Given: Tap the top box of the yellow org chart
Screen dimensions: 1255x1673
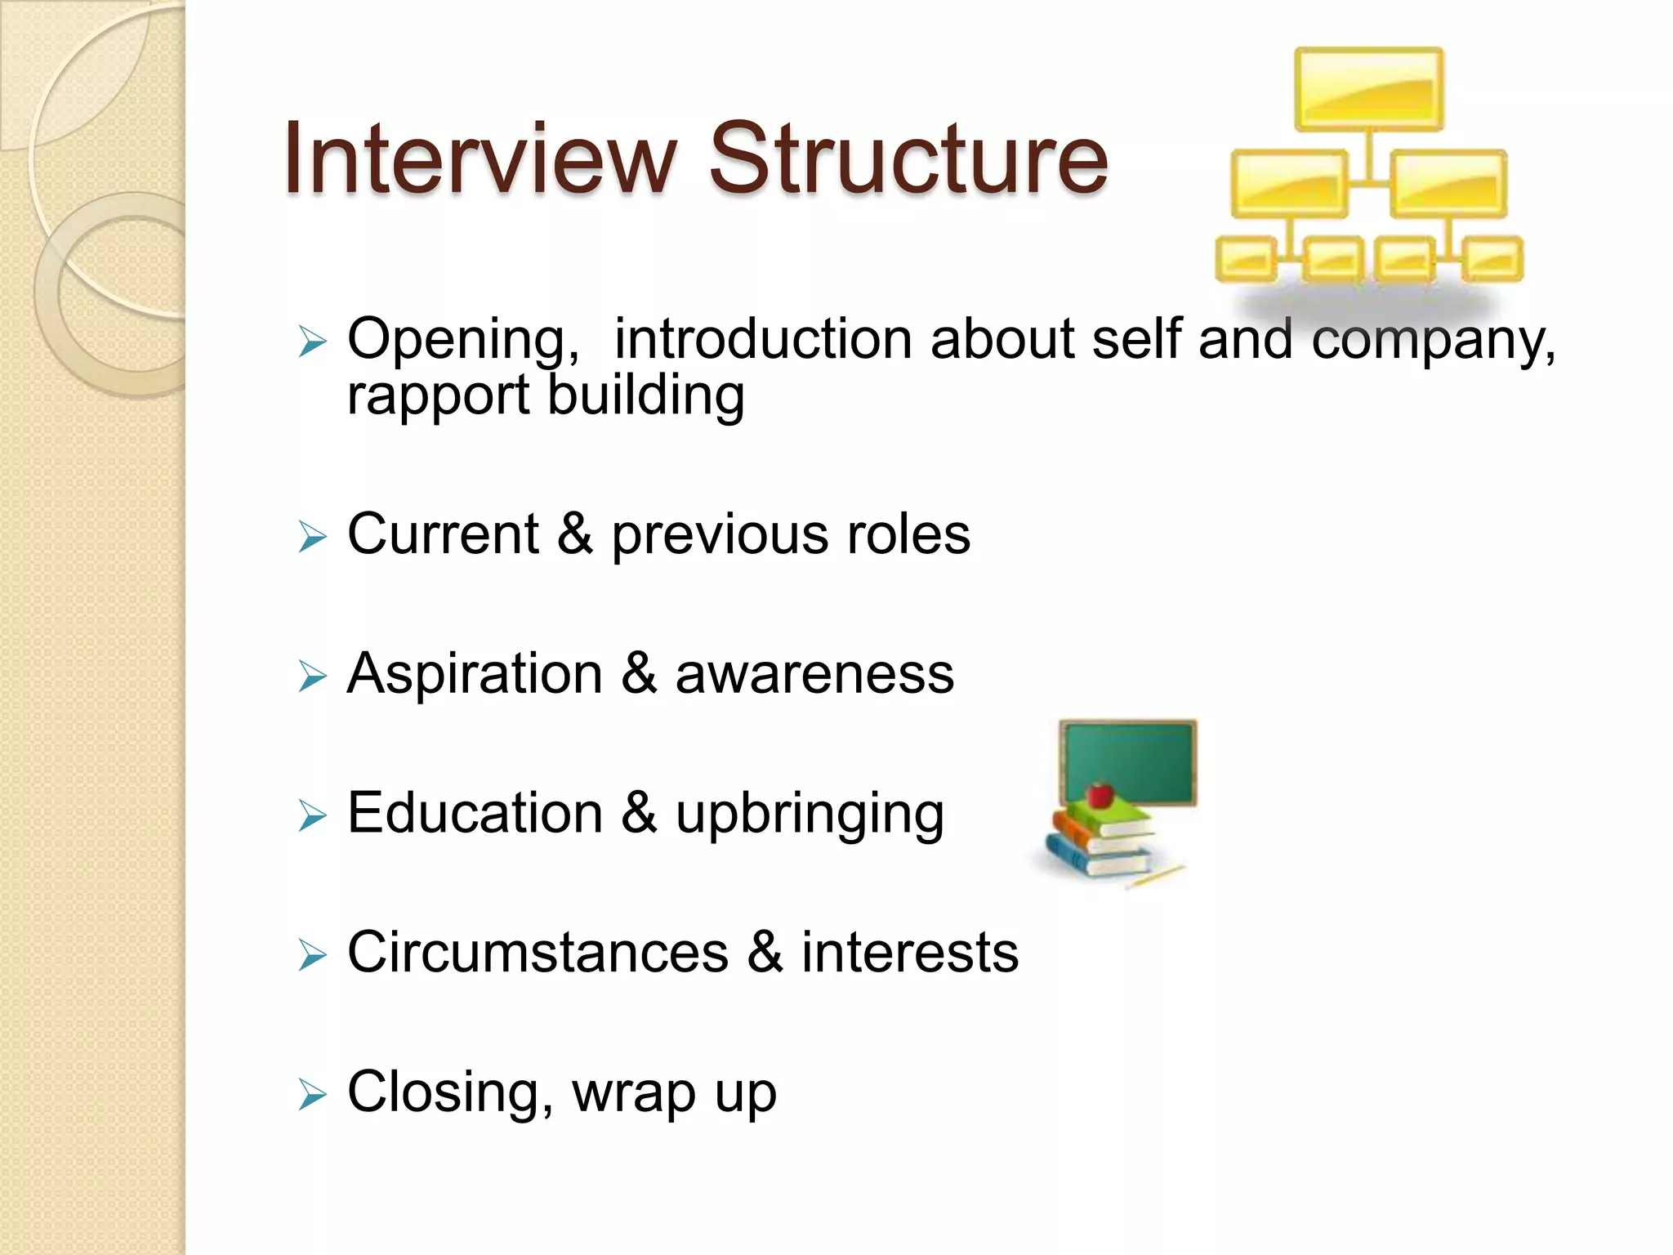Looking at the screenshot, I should [1368, 89].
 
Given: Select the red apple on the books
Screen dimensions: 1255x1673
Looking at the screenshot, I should [1100, 793].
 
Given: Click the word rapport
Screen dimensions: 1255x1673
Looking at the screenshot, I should [438, 396].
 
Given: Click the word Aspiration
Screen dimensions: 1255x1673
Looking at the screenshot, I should [474, 674].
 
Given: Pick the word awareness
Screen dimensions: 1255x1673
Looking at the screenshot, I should [814, 674].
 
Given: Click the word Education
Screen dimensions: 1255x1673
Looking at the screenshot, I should [474, 813].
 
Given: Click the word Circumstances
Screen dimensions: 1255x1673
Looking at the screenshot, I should [537, 953].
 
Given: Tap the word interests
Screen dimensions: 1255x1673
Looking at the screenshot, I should [909, 953].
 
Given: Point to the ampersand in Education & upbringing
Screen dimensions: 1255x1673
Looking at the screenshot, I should [639, 813].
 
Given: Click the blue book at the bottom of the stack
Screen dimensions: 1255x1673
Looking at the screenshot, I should [1095, 860].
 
